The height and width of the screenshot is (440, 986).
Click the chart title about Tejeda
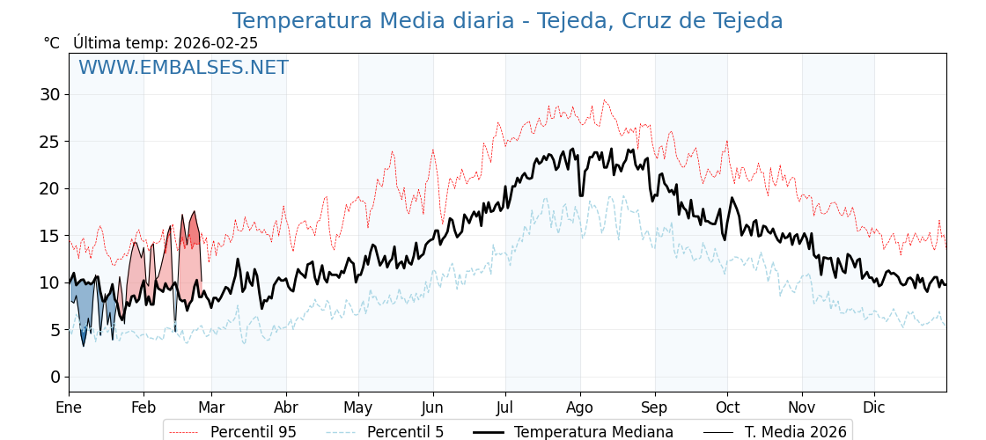(507, 21)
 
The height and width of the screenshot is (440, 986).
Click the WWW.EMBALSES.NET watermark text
(183, 68)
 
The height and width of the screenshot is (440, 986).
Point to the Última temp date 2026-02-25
(216, 43)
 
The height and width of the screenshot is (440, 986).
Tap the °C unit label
(52, 43)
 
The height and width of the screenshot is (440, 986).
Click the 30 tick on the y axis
(49, 94)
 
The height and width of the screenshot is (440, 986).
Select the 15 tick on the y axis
(49, 236)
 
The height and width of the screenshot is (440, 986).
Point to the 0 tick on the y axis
(55, 377)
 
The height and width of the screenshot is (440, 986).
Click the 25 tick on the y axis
(49, 142)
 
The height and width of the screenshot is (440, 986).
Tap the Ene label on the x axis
(69, 407)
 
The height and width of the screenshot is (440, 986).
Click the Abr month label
(286, 407)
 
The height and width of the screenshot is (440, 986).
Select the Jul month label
(505, 407)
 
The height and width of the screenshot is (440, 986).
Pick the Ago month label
(580, 407)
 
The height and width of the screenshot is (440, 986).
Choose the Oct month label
(727, 407)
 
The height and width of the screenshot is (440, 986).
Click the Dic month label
(874, 407)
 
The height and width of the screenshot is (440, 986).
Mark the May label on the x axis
(358, 407)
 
